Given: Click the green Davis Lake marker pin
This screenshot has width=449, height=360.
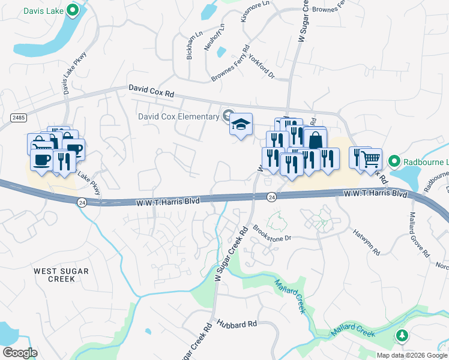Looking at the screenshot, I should pos(73,10).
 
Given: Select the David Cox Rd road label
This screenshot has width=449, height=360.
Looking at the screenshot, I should pos(151,91).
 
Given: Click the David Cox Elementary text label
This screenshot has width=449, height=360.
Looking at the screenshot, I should pos(178,116).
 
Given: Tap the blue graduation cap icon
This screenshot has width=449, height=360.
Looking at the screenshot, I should pos(241,125).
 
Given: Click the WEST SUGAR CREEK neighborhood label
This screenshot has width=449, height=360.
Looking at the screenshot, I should pos(61,275).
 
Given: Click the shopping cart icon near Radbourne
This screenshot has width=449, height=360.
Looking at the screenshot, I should pos(371,159).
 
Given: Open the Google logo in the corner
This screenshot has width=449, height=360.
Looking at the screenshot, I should pos(19,353).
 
